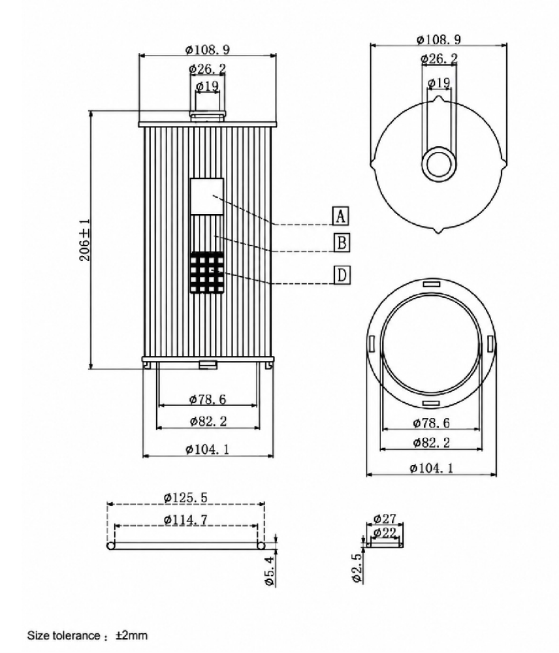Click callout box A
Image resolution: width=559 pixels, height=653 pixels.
pyautogui.click(x=341, y=215)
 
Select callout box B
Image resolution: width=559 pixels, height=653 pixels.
pyautogui.click(x=342, y=242)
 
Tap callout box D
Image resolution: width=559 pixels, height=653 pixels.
pyautogui.click(x=342, y=275)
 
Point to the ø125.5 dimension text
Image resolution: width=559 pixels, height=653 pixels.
pyautogui.click(x=185, y=497)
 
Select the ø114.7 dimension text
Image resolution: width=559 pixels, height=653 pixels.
pyautogui.click(x=185, y=520)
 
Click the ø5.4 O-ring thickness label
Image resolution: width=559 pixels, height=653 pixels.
pyautogui.click(x=269, y=571)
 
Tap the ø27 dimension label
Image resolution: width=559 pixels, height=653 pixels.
pyautogui.click(x=385, y=518)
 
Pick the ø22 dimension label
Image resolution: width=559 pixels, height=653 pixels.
pyautogui.click(x=385, y=532)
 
